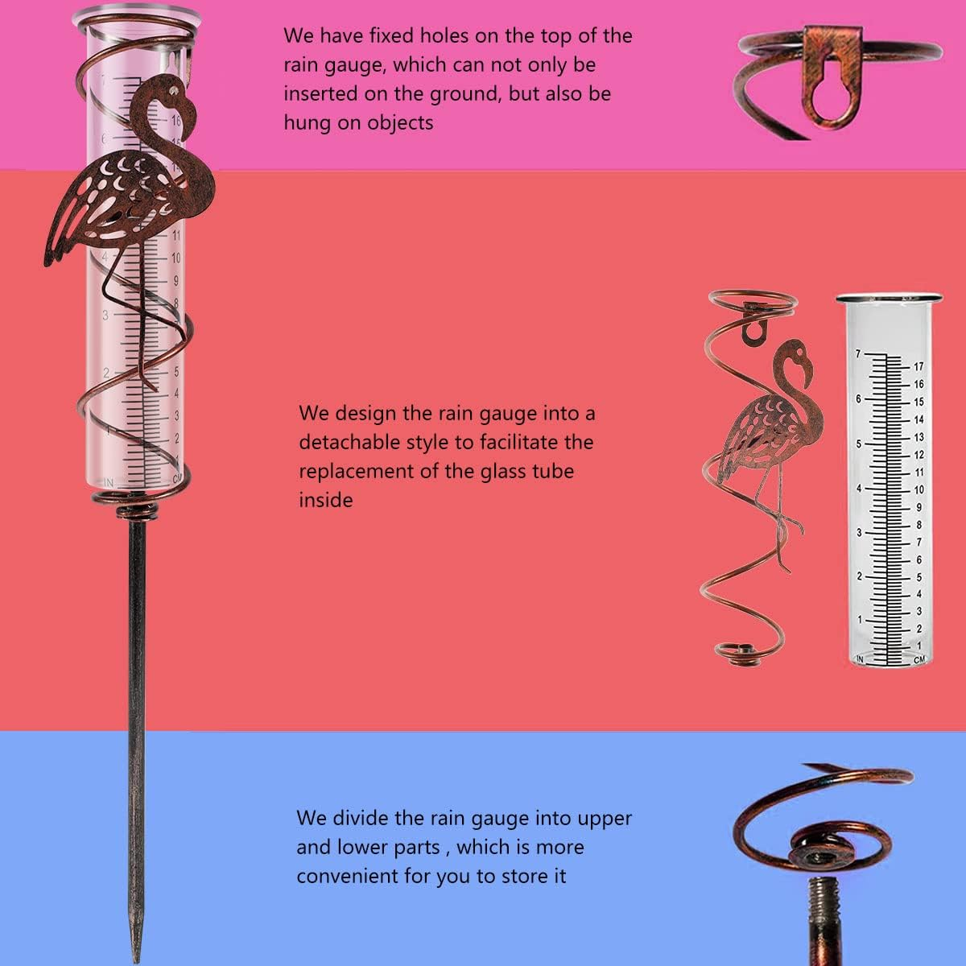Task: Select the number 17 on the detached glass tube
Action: (x=919, y=366)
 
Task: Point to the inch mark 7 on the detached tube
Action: (x=857, y=354)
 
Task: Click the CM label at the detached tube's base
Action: (x=919, y=660)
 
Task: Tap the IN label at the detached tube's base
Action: (x=861, y=659)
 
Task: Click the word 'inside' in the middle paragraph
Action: (x=326, y=500)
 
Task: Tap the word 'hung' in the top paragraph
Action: (x=306, y=123)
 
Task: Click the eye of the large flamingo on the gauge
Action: (x=173, y=90)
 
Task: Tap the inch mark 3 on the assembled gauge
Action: (x=105, y=316)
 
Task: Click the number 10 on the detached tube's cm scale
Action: (x=919, y=489)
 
